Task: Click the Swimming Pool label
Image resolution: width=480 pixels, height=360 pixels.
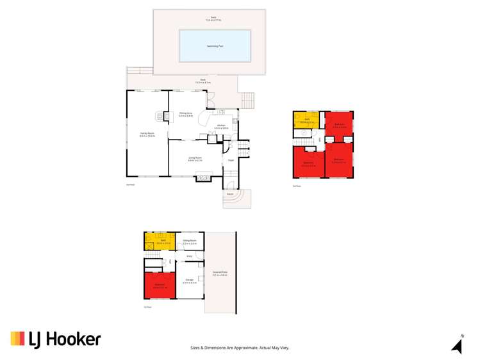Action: coord(214,45)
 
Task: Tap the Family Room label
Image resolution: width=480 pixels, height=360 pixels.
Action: coord(148,134)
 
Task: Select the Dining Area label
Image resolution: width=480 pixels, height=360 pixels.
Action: coord(186,114)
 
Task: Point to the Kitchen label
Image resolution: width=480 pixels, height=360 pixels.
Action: coord(221,126)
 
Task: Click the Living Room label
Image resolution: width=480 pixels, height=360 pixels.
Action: coord(195,158)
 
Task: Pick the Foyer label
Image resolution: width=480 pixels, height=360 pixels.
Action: coord(230,161)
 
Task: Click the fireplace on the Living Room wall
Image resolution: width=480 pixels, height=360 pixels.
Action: coord(203,178)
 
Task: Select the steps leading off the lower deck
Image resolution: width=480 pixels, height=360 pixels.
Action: coord(247,101)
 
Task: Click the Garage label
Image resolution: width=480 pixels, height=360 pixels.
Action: coord(189,281)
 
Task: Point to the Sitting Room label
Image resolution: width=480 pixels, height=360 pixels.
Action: coord(189,241)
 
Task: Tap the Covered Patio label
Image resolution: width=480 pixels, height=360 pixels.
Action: coord(220,274)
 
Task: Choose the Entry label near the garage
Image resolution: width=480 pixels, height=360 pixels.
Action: coord(189,256)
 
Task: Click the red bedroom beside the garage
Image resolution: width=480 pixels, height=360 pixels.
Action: coord(160,284)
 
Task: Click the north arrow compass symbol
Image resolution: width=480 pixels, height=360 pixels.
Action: coord(458,345)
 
